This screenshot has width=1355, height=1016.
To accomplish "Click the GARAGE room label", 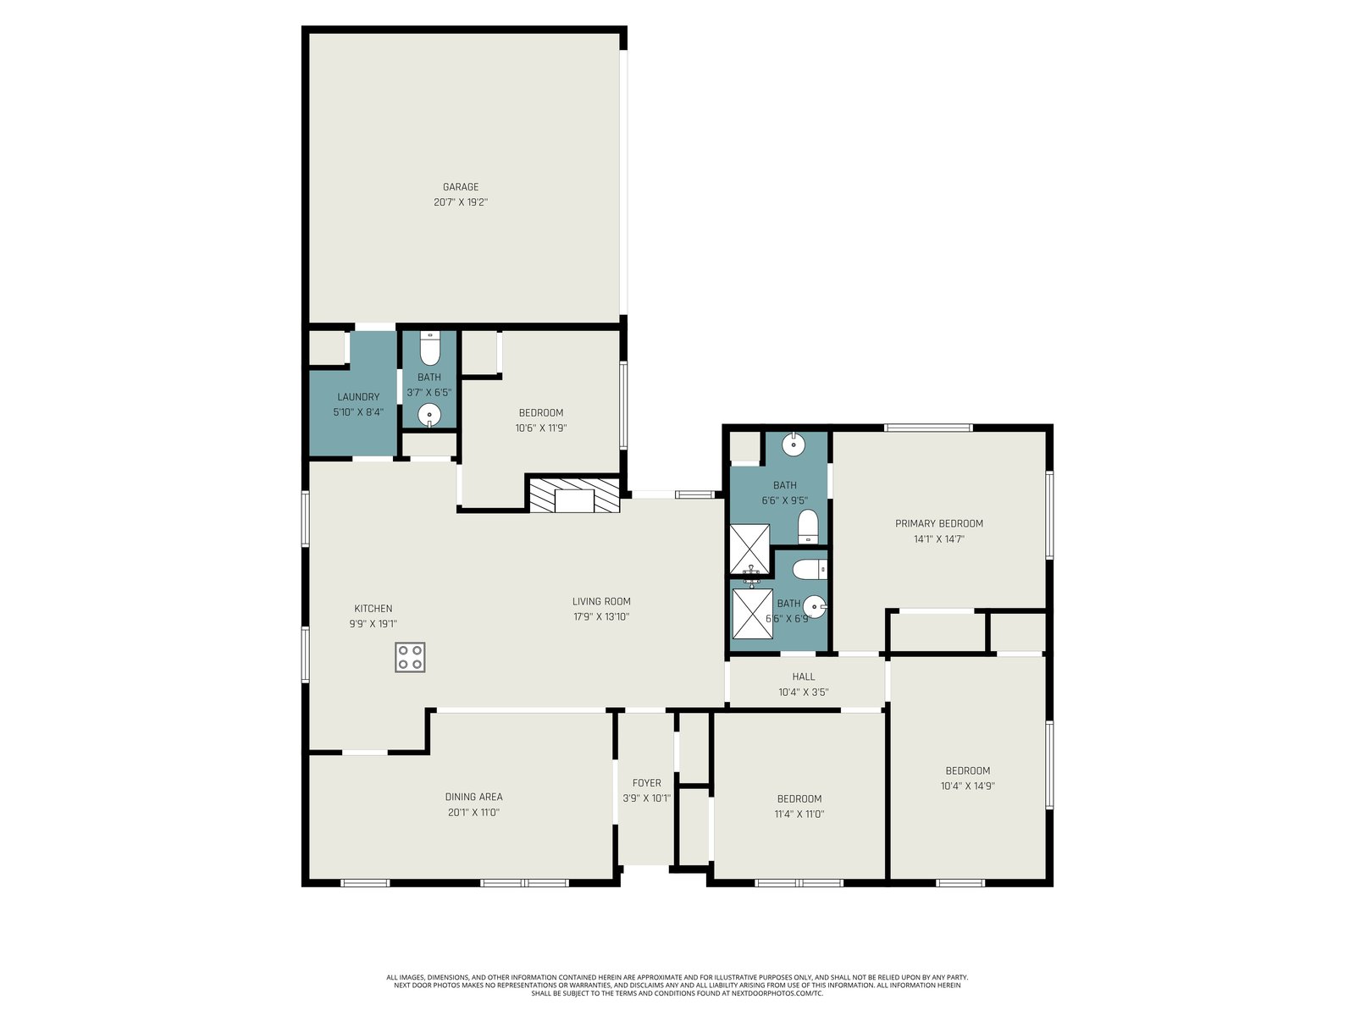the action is pos(461,187).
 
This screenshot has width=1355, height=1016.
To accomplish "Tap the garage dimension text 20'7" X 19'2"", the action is pos(461,202).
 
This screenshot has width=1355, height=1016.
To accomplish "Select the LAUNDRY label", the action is pos(358,397).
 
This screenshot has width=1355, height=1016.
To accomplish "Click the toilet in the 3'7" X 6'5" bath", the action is pos(429,349).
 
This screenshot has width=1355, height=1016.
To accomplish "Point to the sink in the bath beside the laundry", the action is pos(429,415).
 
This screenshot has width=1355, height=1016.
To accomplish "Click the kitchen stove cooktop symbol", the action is pos(410,657).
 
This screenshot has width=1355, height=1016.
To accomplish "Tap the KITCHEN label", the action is pos(373,609).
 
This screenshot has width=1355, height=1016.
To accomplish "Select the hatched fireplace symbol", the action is pos(574,495).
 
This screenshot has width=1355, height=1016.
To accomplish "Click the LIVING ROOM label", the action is pos(601,601).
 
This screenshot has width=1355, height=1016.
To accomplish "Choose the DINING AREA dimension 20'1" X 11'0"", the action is pos(473,813).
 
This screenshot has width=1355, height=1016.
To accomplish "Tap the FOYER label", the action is pos(646,783).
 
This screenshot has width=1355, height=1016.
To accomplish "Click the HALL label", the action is pos(803,677).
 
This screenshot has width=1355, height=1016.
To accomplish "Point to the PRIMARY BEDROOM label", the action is pos(939,524).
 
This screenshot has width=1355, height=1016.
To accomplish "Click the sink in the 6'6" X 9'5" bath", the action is pos(794,444).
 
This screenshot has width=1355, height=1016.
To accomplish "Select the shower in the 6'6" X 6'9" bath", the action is pos(753,614).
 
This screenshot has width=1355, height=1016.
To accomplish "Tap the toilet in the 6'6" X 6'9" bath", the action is pos(810,569).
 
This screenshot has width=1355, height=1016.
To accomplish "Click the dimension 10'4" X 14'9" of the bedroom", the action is pos(967,787).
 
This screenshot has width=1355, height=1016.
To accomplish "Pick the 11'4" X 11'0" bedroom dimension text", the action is pos(799,814).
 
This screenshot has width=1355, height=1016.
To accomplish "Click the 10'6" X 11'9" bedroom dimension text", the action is pos(541,428).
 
